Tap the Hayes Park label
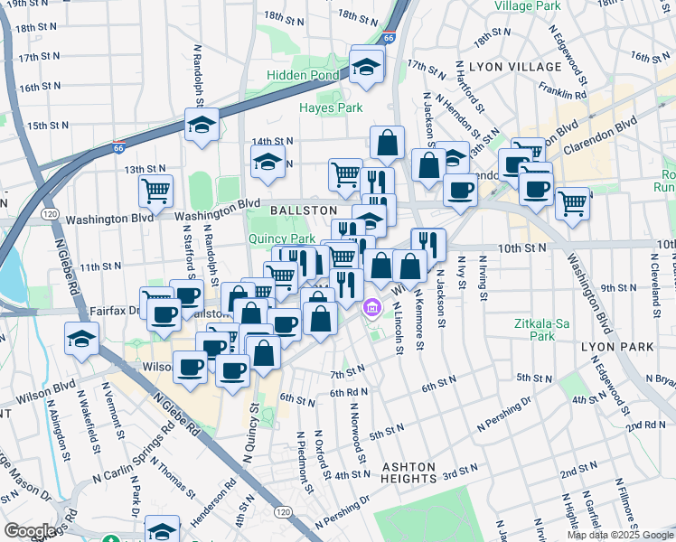click(331, 107)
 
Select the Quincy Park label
click(281, 238)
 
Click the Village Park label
click(528, 5)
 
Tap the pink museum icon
click(371, 310)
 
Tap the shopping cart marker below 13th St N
click(155, 192)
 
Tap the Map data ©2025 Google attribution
click(620, 535)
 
